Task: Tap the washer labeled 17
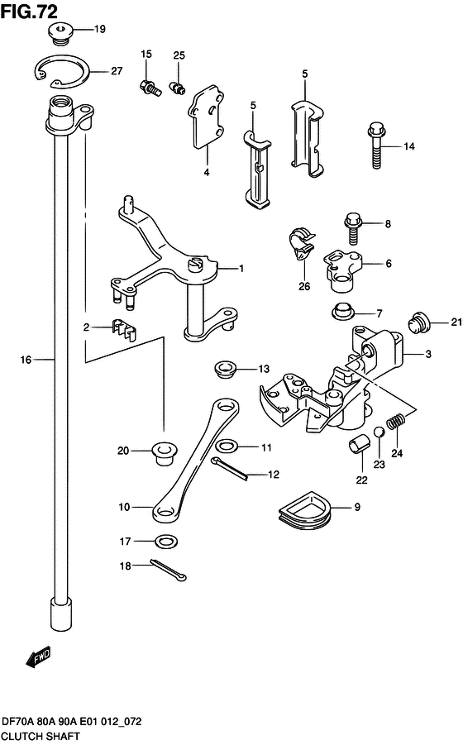click(x=166, y=542)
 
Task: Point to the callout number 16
click(x=25, y=360)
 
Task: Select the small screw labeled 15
click(x=150, y=85)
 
